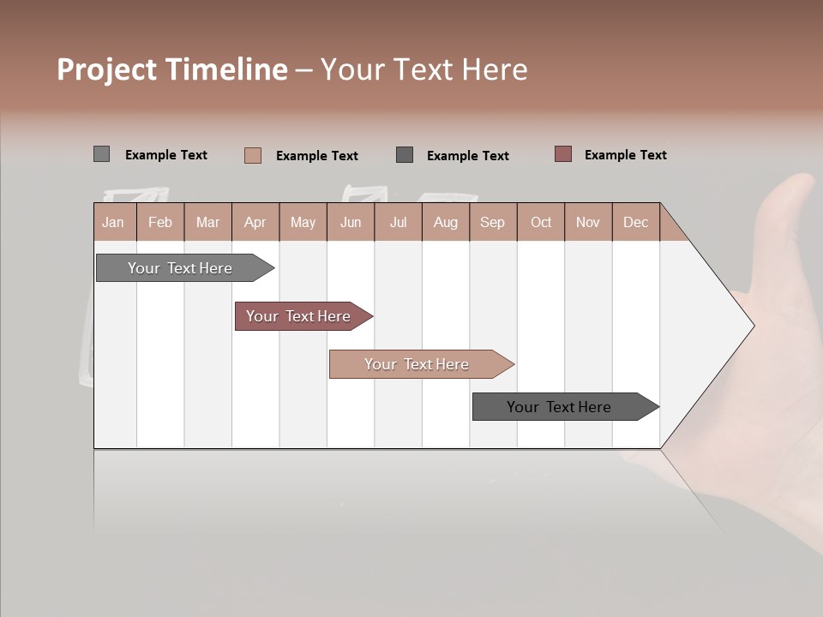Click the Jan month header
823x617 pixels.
click(x=113, y=222)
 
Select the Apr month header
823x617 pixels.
click(x=255, y=222)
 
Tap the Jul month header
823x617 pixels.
click(x=398, y=222)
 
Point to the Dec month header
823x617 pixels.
click(x=635, y=222)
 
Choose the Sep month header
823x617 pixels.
click(x=492, y=222)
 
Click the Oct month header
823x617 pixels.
click(x=541, y=222)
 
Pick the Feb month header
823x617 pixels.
click(x=160, y=222)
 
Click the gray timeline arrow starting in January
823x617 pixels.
click(x=180, y=268)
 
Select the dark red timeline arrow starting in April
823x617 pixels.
click(x=298, y=316)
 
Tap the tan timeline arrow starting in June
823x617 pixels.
click(x=417, y=364)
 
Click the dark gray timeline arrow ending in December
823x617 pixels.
click(x=559, y=407)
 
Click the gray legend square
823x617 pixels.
click(x=101, y=154)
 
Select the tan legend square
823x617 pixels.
click(x=252, y=155)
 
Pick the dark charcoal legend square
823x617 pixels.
click(x=405, y=154)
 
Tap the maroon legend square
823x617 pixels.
click(x=562, y=154)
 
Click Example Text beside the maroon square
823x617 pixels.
click(x=625, y=154)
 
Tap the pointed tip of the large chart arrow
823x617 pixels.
click(x=752, y=326)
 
